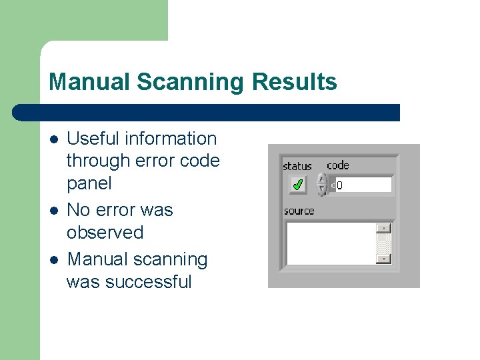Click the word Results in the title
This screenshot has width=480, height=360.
point(295,82)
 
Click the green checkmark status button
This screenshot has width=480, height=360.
point(297,184)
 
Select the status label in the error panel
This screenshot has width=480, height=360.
point(297,166)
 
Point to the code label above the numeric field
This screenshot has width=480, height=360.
point(337,165)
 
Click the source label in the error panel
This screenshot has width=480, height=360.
point(299,211)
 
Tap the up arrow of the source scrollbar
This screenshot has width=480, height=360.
point(383,229)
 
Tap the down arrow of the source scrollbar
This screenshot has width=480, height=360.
point(383,258)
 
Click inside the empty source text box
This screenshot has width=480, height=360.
point(330,243)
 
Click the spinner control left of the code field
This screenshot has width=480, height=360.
point(321,184)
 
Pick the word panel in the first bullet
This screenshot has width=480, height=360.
point(89,183)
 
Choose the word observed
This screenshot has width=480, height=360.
point(105,233)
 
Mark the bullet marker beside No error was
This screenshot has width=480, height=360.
point(53,211)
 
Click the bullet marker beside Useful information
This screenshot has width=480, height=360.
point(53,139)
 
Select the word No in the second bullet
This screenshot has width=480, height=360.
point(78,210)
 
